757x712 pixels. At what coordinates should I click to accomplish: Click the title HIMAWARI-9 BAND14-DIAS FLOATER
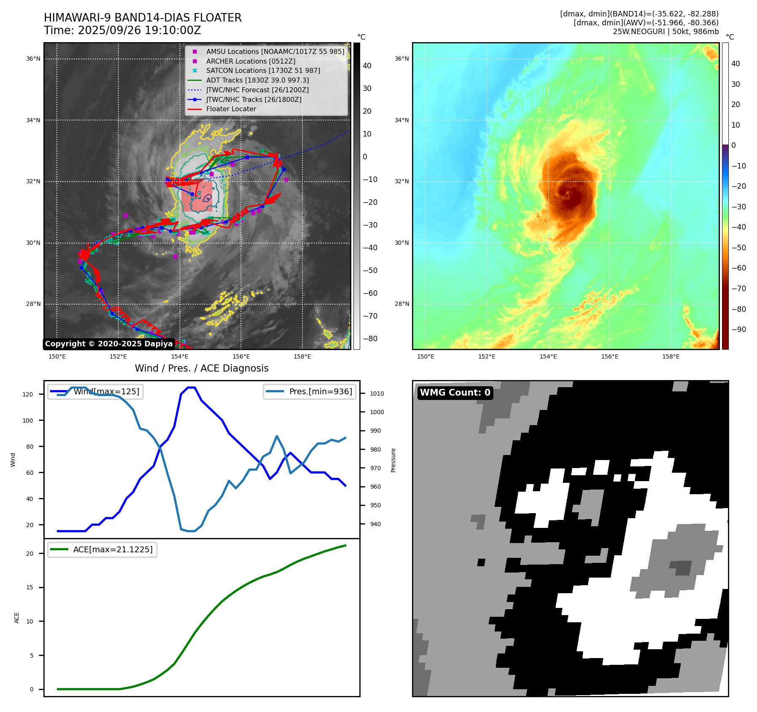tap(142, 18)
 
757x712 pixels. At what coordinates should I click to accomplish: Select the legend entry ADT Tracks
tap(257, 80)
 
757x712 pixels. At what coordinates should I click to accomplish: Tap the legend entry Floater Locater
tap(231, 109)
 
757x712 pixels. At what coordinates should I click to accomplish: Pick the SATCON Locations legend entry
tap(263, 70)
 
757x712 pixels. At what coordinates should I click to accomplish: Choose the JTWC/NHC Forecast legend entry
tap(257, 90)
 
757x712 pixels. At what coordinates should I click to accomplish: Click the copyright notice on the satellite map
tap(109, 344)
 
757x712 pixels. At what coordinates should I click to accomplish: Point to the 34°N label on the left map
tap(33, 120)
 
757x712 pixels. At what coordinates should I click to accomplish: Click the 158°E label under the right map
tap(671, 356)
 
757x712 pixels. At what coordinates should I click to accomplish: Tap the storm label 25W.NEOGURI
tap(639, 32)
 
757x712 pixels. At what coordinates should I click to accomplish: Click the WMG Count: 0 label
tap(455, 393)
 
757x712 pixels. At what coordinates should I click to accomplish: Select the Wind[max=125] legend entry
tap(106, 391)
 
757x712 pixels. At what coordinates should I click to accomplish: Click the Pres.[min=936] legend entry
tap(320, 391)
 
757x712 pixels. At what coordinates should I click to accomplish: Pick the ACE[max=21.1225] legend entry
tap(112, 549)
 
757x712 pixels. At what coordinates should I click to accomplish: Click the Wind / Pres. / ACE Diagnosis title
tap(201, 368)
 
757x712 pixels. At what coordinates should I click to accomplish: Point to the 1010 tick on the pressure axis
tap(377, 393)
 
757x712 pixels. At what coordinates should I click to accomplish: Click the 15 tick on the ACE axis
tap(29, 587)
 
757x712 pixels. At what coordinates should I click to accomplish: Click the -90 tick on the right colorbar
tap(738, 329)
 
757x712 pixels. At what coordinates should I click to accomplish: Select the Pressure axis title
tap(393, 460)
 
